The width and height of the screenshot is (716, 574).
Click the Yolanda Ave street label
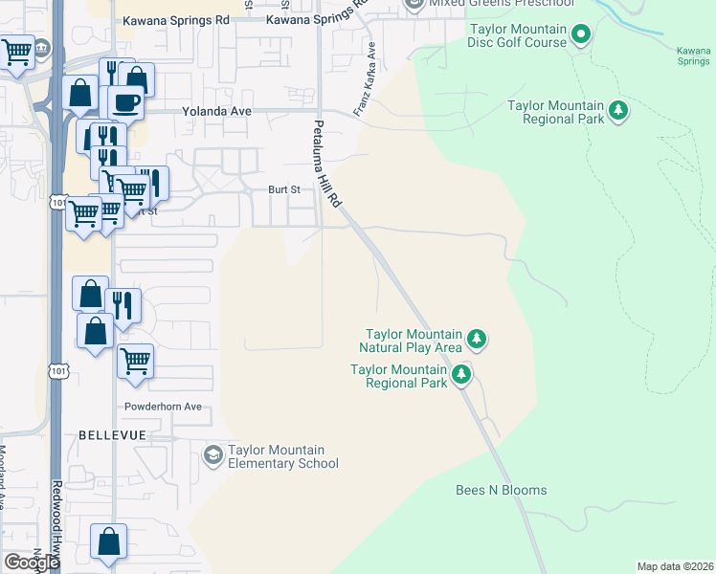click(x=217, y=111)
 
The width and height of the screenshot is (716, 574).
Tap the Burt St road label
click(x=283, y=189)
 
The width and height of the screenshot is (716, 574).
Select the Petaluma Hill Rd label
click(x=327, y=165)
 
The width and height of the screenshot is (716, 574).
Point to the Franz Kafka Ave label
click(x=366, y=86)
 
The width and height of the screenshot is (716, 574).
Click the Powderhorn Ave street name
click(x=164, y=407)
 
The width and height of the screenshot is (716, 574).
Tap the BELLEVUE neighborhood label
click(x=112, y=435)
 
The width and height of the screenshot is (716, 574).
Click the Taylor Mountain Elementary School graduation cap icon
click(x=213, y=453)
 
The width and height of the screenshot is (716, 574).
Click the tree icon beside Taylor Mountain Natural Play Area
click(x=477, y=339)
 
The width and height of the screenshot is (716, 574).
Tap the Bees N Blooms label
click(x=501, y=490)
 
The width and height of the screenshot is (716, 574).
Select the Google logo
click(x=32, y=563)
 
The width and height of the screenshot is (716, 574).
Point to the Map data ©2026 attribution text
click(x=675, y=566)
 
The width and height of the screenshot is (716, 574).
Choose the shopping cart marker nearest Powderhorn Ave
click(x=136, y=362)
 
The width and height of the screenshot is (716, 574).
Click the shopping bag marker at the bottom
click(x=109, y=541)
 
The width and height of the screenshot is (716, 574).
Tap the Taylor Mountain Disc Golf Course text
click(x=516, y=36)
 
